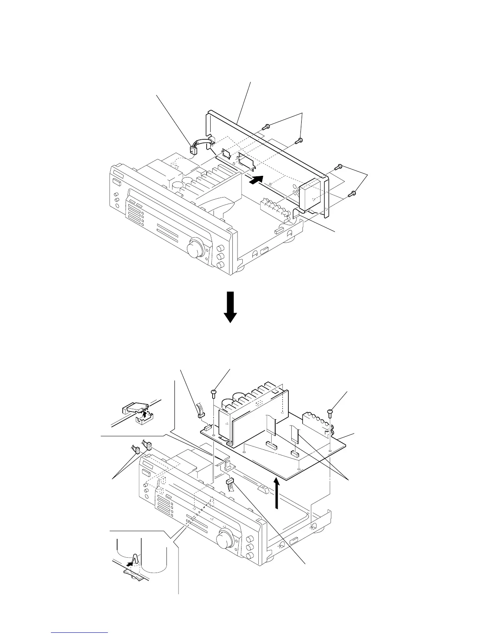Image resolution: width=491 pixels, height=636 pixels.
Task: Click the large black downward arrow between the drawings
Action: coord(231,307)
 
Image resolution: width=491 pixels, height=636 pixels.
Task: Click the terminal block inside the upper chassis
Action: coord(275,208)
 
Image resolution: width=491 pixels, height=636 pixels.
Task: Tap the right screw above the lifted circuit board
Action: coord(330,412)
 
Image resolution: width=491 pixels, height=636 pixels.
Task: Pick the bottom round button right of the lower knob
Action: coord(250,556)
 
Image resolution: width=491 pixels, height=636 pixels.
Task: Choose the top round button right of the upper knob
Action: coord(220,248)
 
